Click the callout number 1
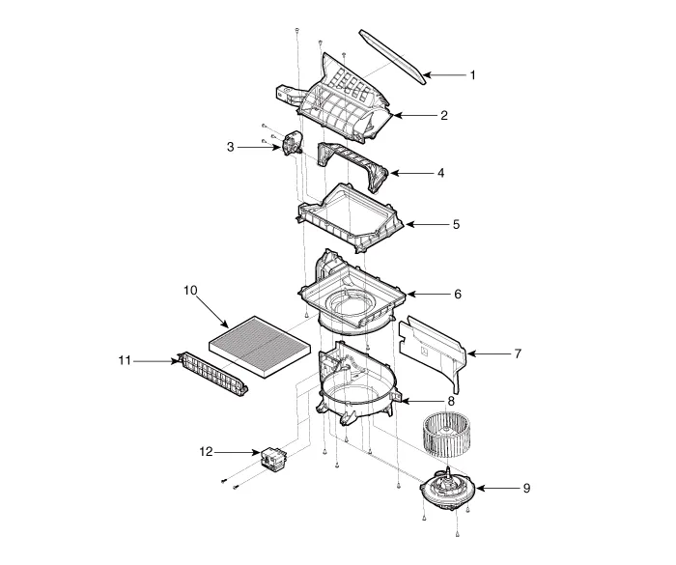(x=472, y=75)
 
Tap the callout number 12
(x=206, y=452)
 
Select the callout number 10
(x=190, y=291)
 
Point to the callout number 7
(x=518, y=353)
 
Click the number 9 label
(x=526, y=489)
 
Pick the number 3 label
(x=231, y=147)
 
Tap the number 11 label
(x=125, y=360)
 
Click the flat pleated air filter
(x=260, y=347)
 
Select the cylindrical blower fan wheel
(x=446, y=436)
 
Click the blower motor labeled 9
(x=448, y=489)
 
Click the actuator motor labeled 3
(x=292, y=143)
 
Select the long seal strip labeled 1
(x=392, y=56)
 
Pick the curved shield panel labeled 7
(x=434, y=352)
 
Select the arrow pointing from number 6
(x=428, y=295)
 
